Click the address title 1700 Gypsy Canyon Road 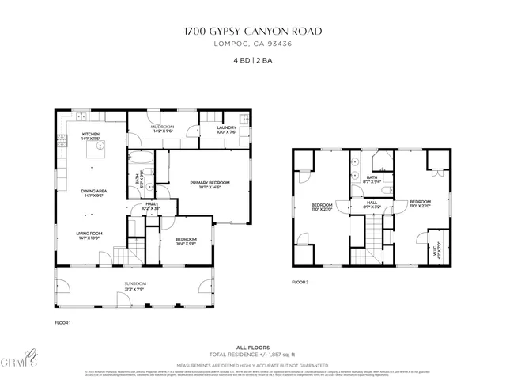(253, 32)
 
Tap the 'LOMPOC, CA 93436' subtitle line (253, 44)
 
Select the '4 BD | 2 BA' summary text (253, 60)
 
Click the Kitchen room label (91, 135)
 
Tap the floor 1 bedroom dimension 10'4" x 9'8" (186, 243)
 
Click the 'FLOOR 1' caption (63, 323)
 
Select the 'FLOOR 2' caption (300, 282)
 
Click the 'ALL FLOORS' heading (253, 348)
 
